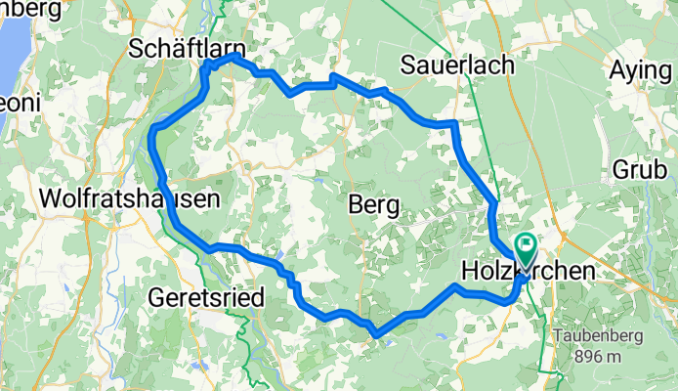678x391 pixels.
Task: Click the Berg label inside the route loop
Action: tap(373, 205)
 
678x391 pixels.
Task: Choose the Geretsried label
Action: tap(208, 296)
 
